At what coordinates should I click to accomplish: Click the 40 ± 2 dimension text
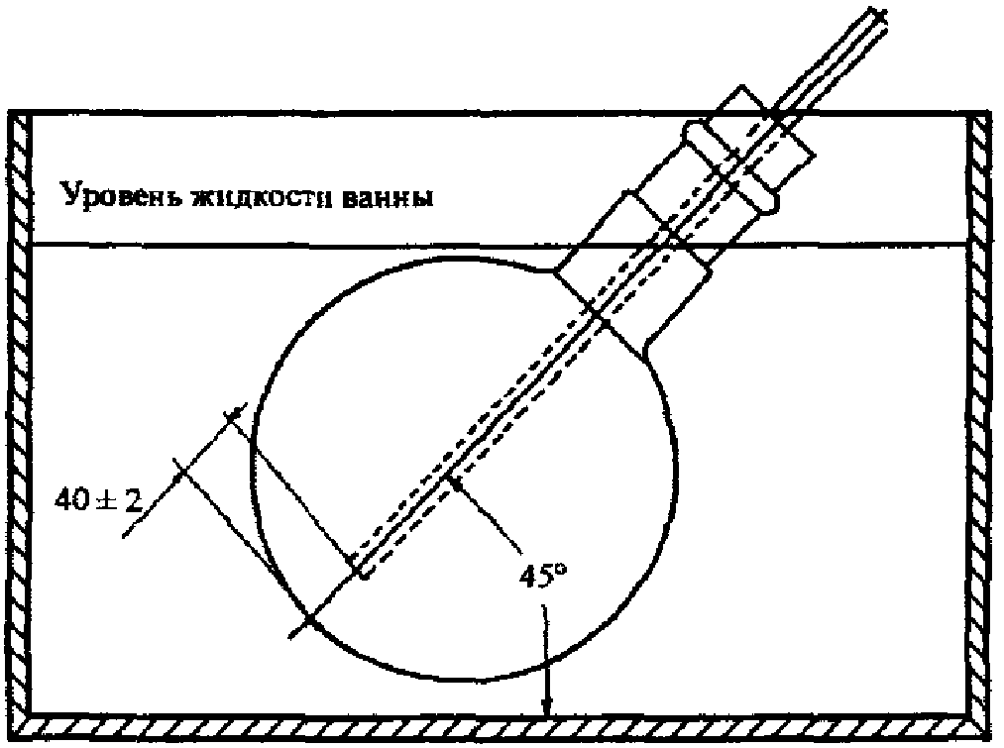click(x=98, y=499)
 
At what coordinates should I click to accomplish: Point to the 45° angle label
click(x=543, y=576)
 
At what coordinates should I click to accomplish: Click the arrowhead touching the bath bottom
click(x=546, y=706)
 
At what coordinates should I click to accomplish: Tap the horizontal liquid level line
click(x=500, y=243)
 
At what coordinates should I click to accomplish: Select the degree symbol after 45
click(x=562, y=569)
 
